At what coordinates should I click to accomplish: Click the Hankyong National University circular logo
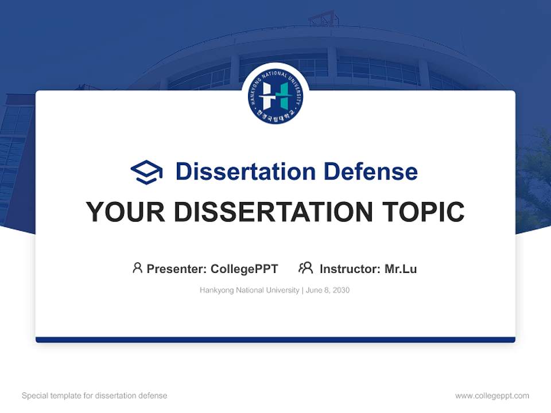coord(275,97)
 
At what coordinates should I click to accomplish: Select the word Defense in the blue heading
coord(370,172)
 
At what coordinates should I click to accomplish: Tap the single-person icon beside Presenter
coord(137,268)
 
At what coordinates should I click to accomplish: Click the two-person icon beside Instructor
coord(305,268)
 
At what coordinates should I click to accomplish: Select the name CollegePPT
coord(245,268)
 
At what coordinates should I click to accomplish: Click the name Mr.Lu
coord(401,268)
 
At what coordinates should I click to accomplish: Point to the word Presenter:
coord(177,268)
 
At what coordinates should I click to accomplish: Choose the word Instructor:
coord(350,268)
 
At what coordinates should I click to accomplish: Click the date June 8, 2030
coord(328,290)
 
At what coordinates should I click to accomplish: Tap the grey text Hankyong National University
coord(249,290)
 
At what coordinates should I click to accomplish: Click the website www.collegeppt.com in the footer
coord(492,396)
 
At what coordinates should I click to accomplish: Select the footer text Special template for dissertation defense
coord(95,396)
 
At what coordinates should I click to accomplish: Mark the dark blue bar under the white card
coord(275,340)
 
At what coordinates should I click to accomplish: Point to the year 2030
coord(340,290)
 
